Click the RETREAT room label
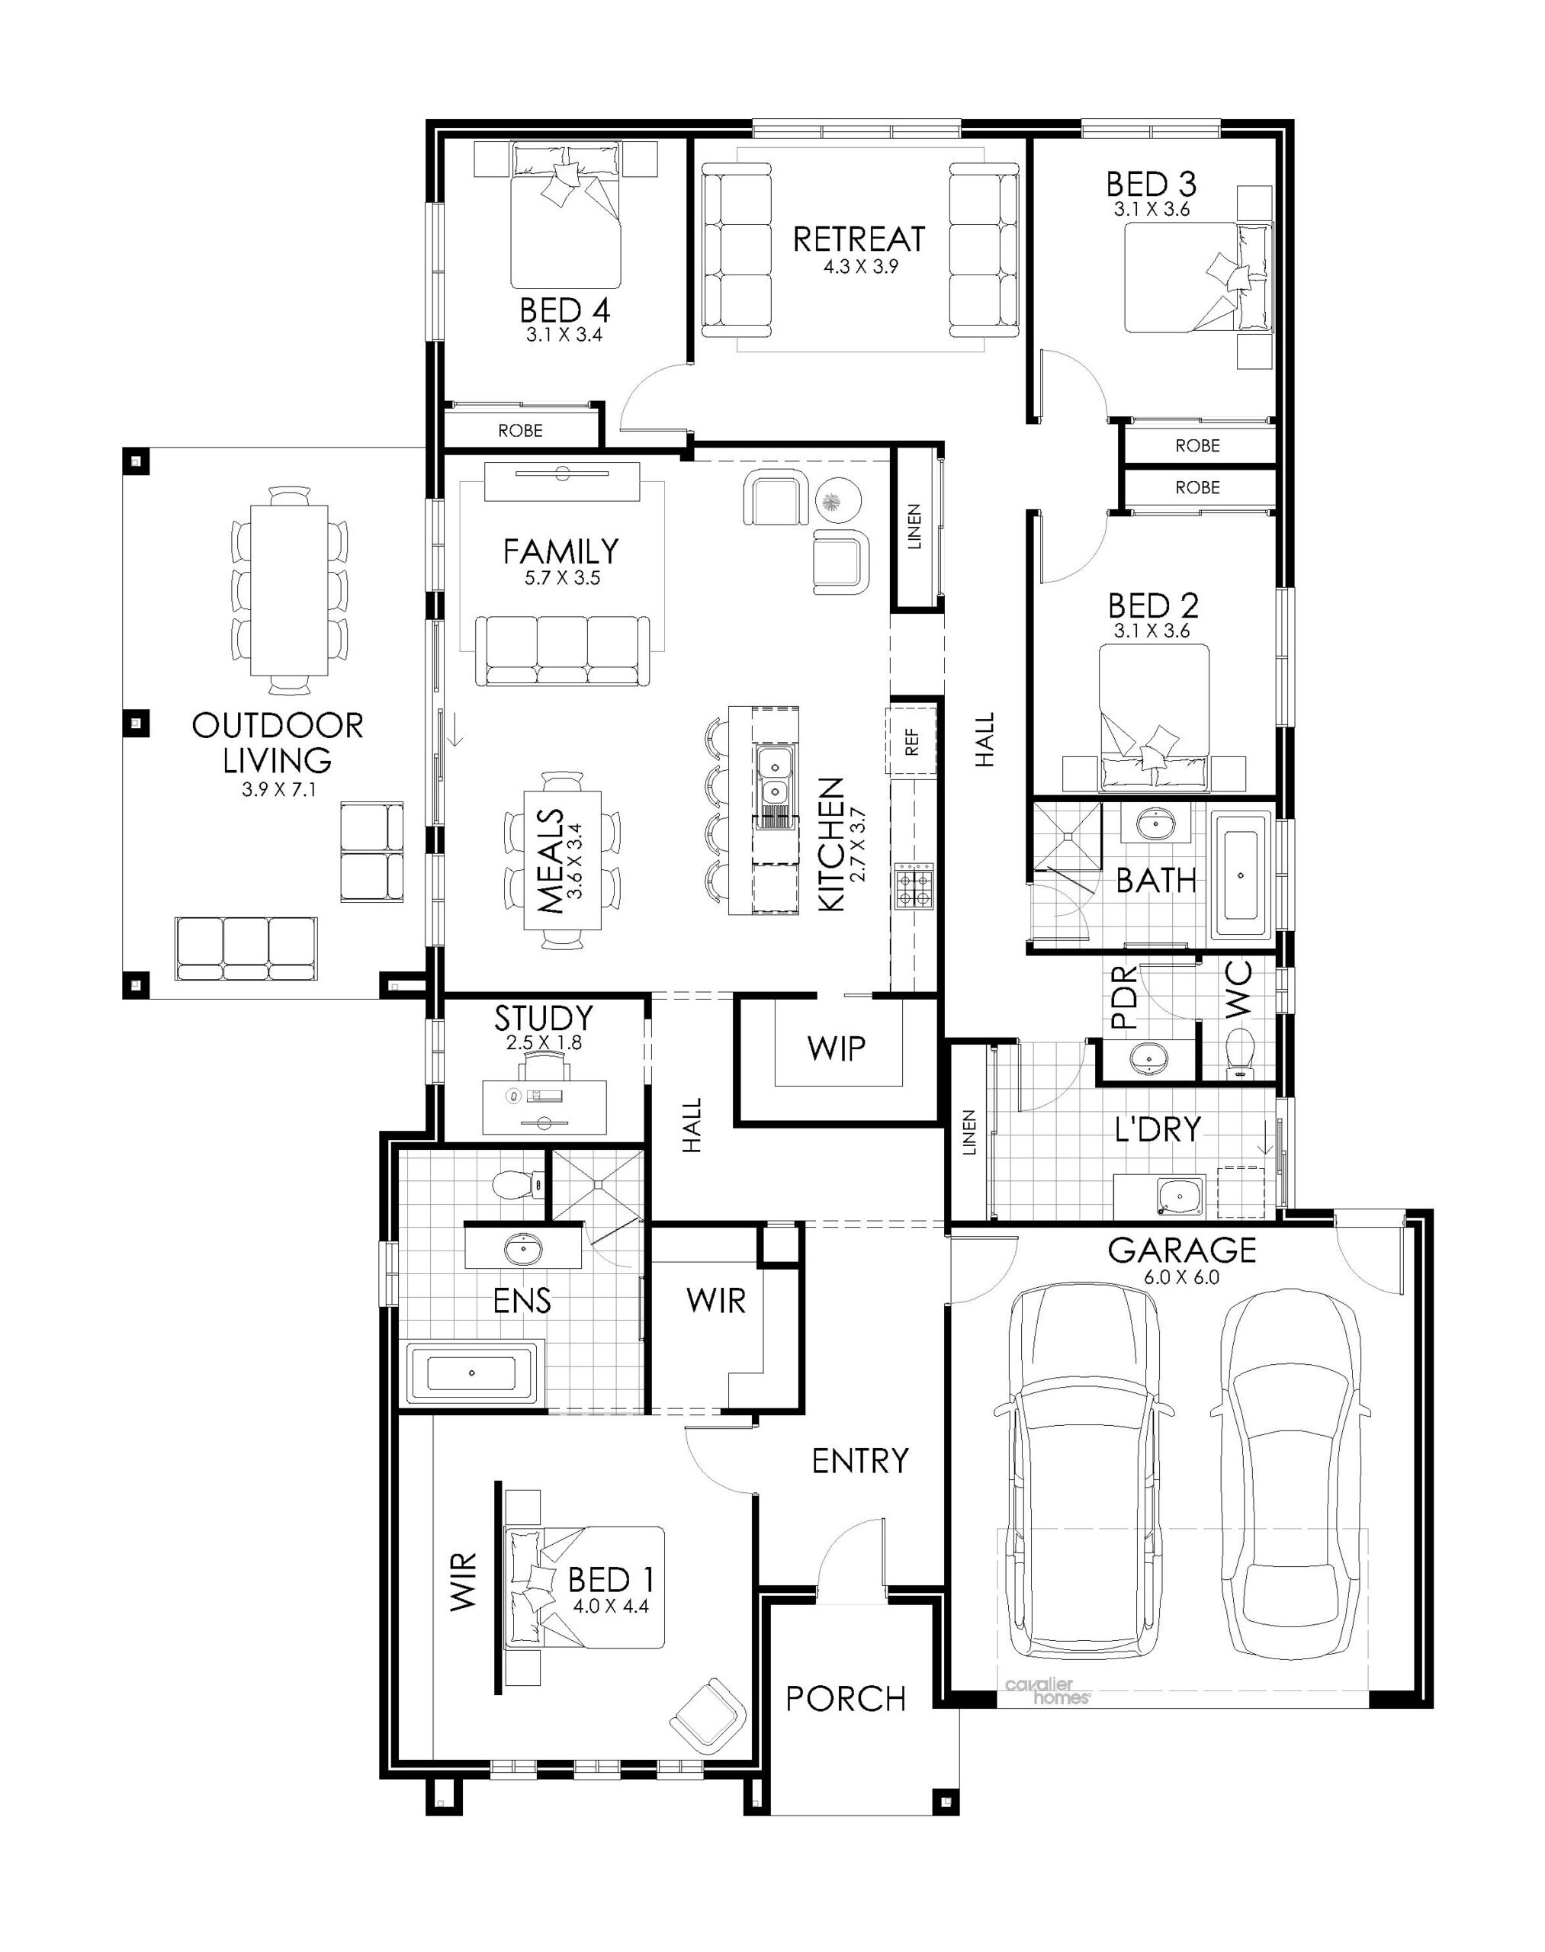859,239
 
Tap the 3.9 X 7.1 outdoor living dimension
278,790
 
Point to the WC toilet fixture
1239,1055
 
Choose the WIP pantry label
836,1048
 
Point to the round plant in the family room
837,500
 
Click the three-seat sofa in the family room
563,651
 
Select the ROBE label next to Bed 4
520,431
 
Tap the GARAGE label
1181,1250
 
